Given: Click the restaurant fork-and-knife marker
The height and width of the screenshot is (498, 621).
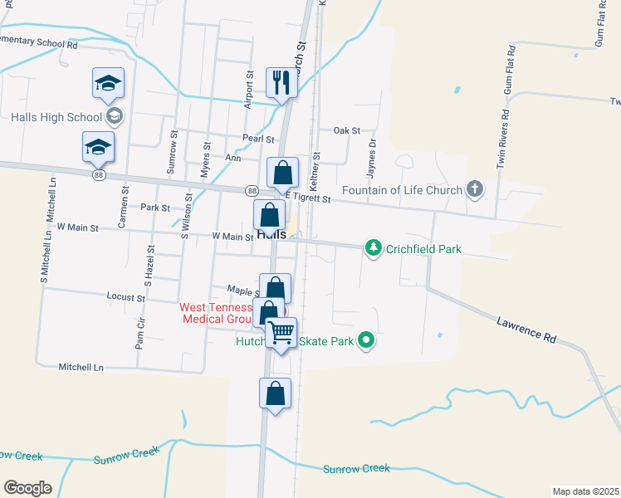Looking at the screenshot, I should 279,82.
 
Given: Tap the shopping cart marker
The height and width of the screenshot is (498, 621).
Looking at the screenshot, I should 281,333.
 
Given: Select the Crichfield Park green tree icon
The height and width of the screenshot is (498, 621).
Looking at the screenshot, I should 374,248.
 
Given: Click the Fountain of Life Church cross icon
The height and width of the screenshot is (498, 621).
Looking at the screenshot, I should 474,190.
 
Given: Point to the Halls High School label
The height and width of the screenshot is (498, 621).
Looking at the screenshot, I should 56,117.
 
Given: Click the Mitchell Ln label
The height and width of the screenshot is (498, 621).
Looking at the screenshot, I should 81,366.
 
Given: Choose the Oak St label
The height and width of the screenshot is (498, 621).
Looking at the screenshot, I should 346,130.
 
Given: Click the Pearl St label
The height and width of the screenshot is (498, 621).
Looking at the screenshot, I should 258,139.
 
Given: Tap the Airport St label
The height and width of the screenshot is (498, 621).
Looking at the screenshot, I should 248,90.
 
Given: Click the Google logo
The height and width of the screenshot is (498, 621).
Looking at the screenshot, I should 27,488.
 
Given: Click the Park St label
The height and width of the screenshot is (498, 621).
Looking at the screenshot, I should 155,207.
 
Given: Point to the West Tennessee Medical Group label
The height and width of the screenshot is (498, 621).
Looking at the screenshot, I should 218,313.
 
